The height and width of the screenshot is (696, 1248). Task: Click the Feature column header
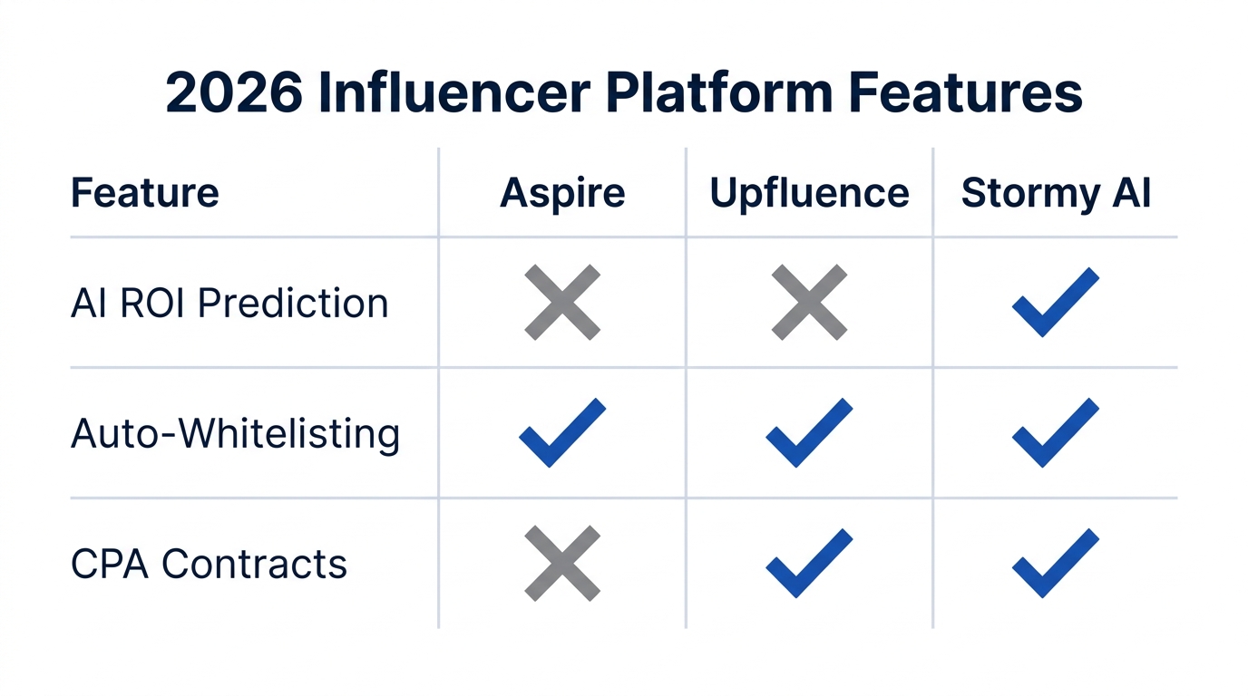[144, 193]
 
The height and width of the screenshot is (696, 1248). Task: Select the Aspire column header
[562, 193]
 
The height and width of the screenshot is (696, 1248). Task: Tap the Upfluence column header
[809, 193]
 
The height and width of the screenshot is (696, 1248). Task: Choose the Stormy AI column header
[1056, 193]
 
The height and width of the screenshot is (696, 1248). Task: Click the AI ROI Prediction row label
[229, 303]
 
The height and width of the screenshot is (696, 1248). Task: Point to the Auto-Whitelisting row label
[235, 434]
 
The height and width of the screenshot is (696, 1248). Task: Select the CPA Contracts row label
[209, 565]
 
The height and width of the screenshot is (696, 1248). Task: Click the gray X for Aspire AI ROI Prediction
[562, 303]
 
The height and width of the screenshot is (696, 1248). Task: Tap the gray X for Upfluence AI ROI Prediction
[809, 303]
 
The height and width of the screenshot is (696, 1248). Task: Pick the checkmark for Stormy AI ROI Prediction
[1055, 303]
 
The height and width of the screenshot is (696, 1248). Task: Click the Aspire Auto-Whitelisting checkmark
[562, 433]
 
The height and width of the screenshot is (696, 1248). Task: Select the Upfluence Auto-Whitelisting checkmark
[809, 433]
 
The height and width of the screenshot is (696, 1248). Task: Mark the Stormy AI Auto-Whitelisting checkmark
[1055, 433]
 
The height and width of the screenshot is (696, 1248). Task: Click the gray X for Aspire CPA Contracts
[562, 564]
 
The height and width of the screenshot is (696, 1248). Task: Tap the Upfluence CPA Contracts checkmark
[809, 564]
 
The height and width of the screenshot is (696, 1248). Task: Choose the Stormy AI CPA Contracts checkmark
[1055, 564]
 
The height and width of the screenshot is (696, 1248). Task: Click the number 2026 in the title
[234, 93]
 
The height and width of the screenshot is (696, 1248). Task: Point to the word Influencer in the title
[451, 93]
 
